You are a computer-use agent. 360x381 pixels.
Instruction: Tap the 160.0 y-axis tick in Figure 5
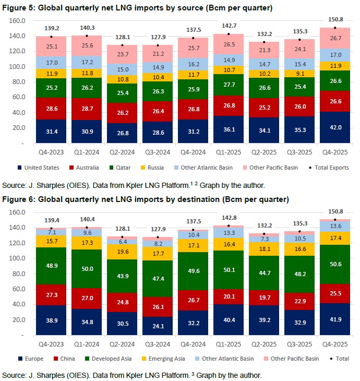pos(18,20)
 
